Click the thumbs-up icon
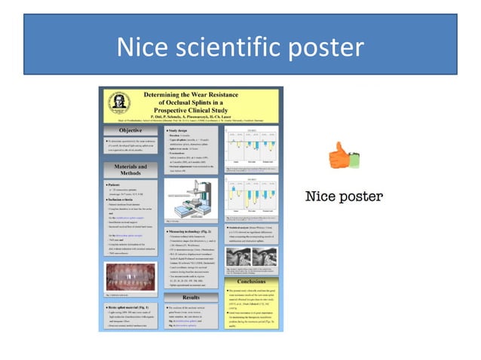(x=339, y=157)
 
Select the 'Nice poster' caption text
(x=343, y=197)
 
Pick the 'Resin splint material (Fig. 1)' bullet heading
(x=133, y=309)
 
